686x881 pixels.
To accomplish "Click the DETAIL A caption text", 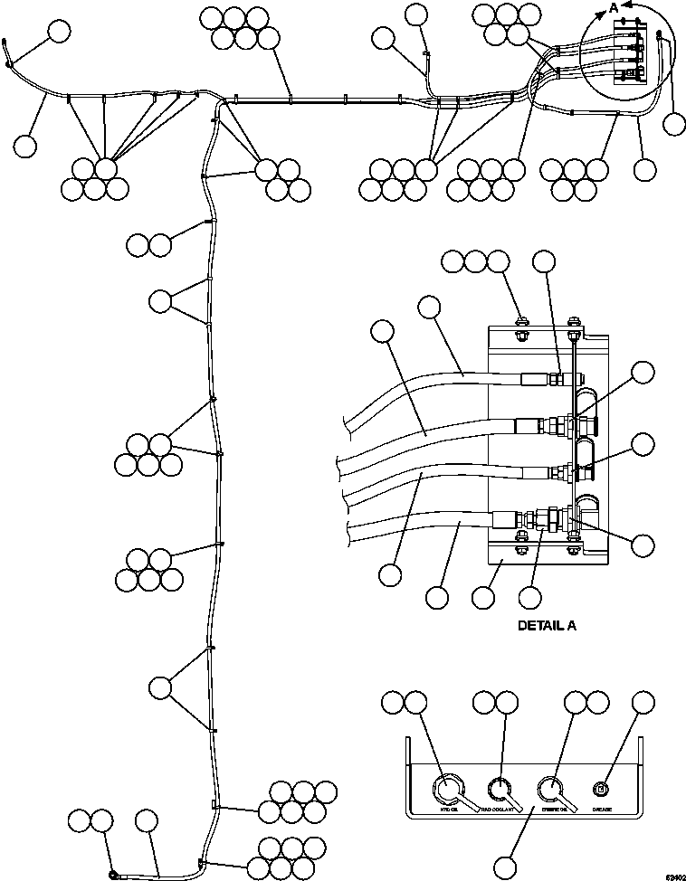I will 546,625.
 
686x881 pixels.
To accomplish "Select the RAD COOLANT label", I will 499,808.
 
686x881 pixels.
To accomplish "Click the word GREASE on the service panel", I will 605,808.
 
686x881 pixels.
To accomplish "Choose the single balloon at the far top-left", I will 59,31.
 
